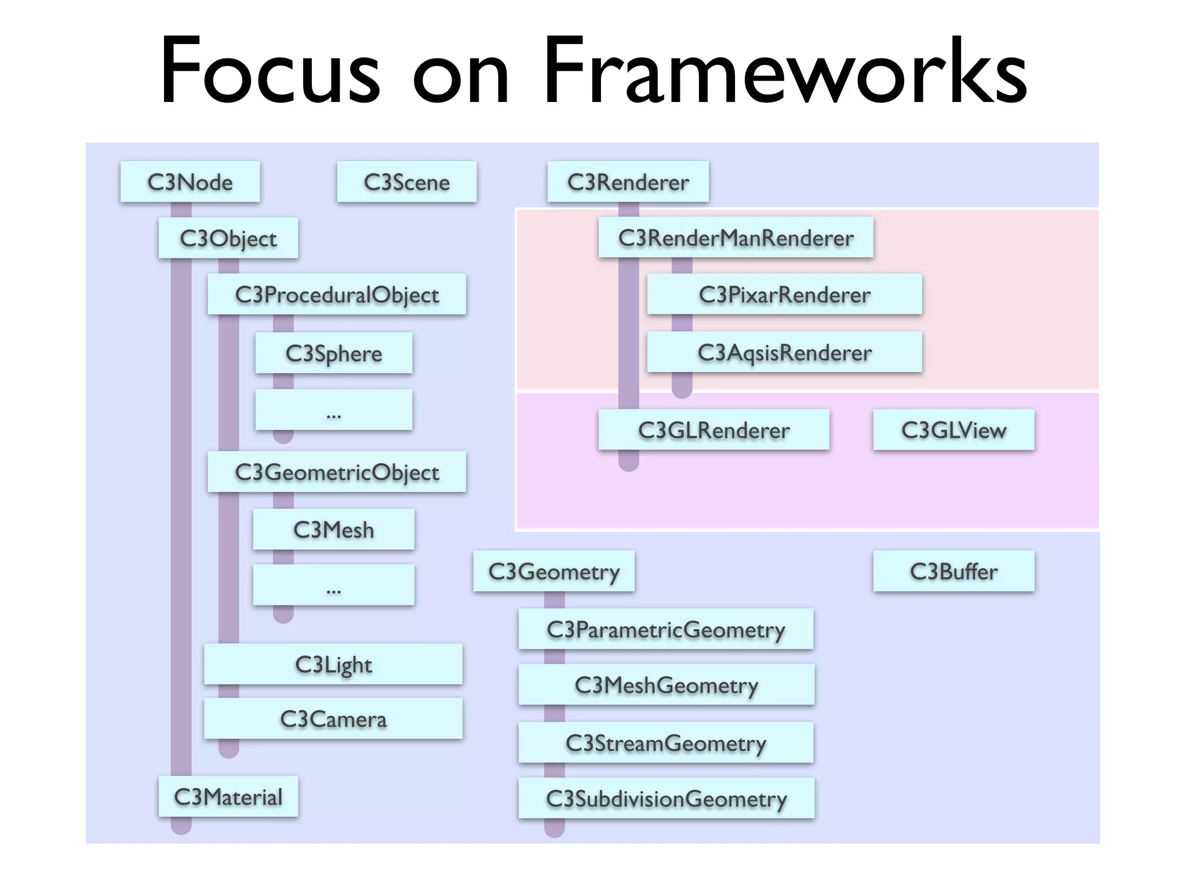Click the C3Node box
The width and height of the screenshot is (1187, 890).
[190, 182]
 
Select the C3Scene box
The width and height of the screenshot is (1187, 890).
[406, 182]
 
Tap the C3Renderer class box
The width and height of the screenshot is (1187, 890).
[628, 182]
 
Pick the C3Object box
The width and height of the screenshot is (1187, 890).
[228, 238]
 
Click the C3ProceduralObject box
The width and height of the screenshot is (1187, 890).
[336, 294]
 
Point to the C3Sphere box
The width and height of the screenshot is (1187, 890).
[333, 353]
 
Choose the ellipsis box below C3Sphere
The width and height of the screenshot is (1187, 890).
[333, 410]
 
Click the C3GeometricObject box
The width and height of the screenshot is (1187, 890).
[336, 472]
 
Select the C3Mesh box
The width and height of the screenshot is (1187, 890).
[333, 530]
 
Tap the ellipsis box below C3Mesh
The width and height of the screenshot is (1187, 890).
[333, 585]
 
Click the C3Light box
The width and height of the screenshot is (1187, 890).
[333, 664]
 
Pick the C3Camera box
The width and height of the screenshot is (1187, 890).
[333, 719]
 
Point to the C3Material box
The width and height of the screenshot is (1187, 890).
[228, 797]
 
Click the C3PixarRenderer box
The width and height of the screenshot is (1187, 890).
[784, 294]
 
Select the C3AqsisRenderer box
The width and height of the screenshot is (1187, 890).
[784, 352]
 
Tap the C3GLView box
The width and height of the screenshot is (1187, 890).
[953, 430]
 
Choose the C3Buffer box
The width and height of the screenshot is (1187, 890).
[953, 571]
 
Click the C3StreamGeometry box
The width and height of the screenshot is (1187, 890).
[666, 743]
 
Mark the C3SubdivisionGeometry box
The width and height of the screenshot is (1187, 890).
[666, 798]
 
